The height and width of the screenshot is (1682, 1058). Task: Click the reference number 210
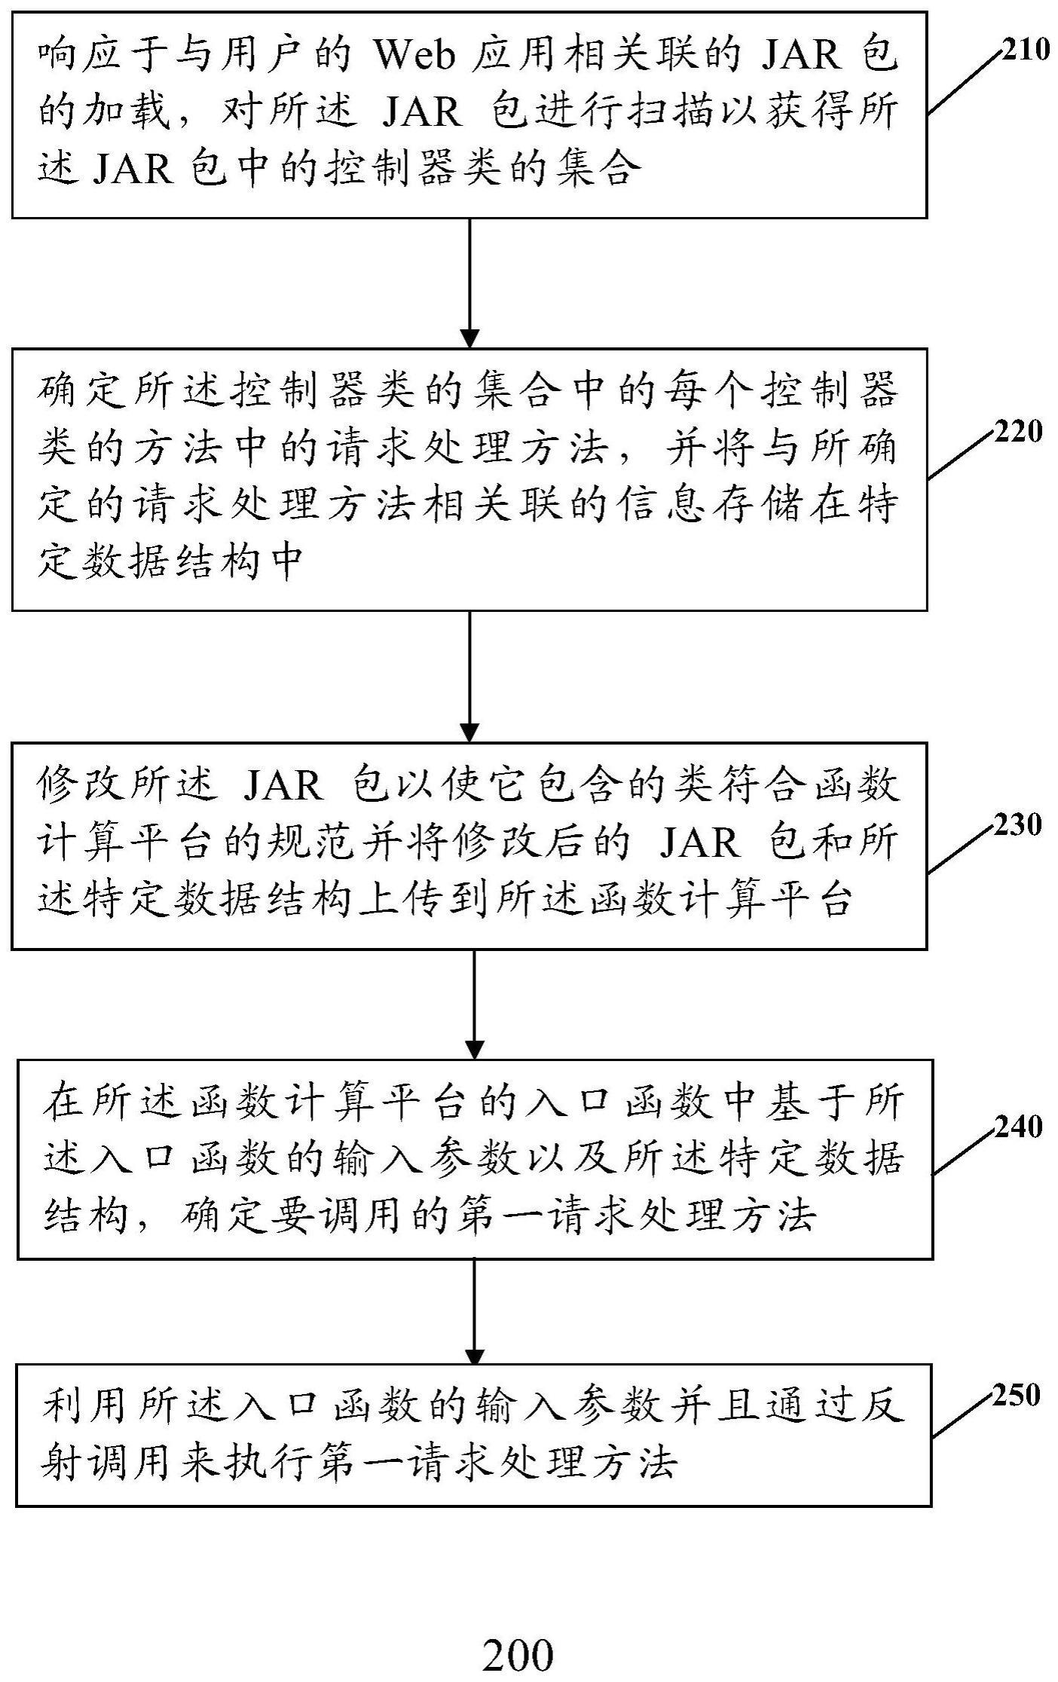click(x=1025, y=51)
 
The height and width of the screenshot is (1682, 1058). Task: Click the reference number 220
click(x=1018, y=432)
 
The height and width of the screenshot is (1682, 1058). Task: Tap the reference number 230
click(x=1018, y=825)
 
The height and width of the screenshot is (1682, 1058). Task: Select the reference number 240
click(x=1018, y=1127)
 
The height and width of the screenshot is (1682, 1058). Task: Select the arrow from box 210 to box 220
click(x=469, y=283)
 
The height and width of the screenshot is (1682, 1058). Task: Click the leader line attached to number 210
click(x=965, y=82)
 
